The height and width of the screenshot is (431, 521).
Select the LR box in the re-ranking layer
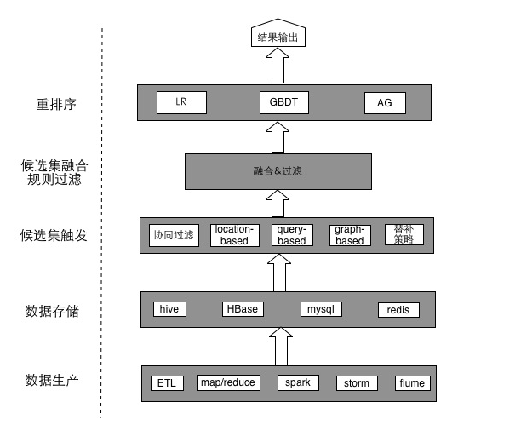tap(181, 102)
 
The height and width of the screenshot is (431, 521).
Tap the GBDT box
tap(283, 102)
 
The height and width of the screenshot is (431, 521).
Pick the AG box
tap(385, 103)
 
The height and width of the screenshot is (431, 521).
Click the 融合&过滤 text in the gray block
tap(278, 171)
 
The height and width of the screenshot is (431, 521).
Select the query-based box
tap(292, 235)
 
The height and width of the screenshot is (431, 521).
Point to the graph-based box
tap(350, 235)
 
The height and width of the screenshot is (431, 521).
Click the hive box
tap(169, 308)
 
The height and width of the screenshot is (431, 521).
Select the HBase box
tap(242, 308)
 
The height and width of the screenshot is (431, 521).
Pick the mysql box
tap(321, 308)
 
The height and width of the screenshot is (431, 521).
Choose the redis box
tap(398, 309)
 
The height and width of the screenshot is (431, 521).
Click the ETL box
tap(167, 382)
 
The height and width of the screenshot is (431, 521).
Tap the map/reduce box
tap(227, 382)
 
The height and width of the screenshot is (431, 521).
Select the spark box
tap(298, 382)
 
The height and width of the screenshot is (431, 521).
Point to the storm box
tap(356, 383)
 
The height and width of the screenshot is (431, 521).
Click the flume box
tap(412, 383)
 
